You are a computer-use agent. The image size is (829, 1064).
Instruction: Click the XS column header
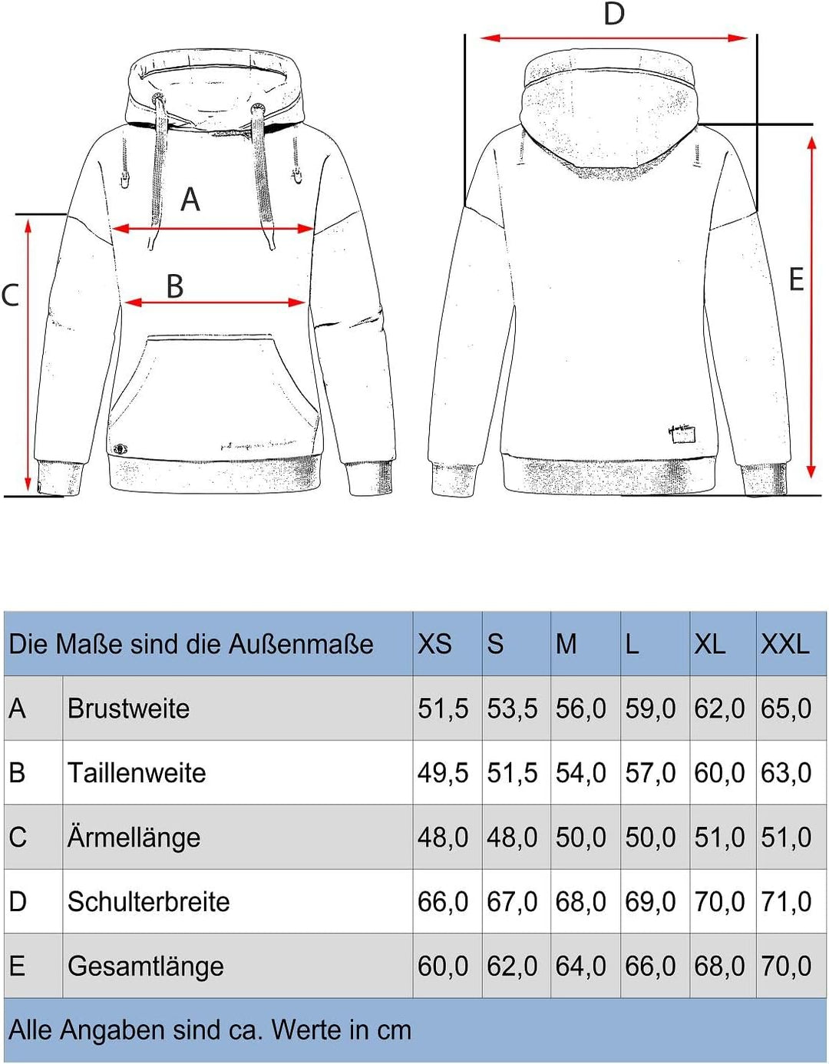[x=434, y=644]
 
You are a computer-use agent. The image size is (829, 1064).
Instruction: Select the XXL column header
[x=784, y=644]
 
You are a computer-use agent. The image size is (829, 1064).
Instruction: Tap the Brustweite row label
[x=128, y=709]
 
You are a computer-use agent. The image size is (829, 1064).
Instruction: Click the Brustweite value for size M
[x=581, y=709]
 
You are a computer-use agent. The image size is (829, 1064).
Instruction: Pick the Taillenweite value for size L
[x=650, y=773]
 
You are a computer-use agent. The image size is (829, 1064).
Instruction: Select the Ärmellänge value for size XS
[x=443, y=838]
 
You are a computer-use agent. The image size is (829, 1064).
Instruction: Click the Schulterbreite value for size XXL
[x=786, y=902]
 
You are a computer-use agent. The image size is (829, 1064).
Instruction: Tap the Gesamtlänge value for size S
[x=512, y=967]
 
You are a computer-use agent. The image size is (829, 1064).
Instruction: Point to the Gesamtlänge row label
[x=146, y=967]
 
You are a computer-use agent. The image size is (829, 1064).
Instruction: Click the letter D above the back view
[x=614, y=14]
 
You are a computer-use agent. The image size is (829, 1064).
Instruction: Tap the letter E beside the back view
[x=796, y=279]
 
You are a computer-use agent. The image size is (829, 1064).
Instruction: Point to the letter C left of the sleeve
[x=10, y=296]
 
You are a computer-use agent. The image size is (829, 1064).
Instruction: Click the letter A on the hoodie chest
[x=190, y=200]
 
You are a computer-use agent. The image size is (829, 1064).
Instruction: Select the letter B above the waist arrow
[x=175, y=286]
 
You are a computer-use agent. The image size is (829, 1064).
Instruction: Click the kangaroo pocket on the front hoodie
[x=213, y=392]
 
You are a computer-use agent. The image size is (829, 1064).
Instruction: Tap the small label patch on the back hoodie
[x=681, y=435]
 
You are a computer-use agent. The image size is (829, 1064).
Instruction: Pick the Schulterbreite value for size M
[x=581, y=902]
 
